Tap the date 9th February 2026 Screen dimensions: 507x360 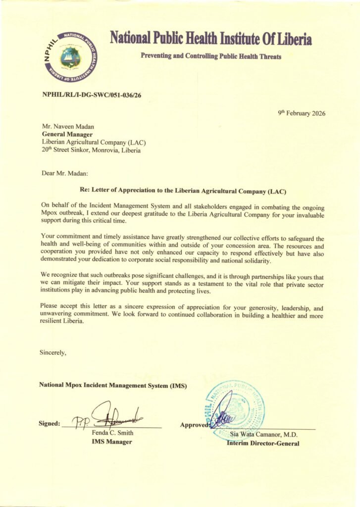302,113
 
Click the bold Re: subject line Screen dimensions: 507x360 183,190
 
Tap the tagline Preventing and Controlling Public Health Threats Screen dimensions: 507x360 211,56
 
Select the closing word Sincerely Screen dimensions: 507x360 52,353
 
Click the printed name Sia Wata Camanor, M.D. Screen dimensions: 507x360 264,435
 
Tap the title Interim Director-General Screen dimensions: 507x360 263,443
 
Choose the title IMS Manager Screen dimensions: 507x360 112,442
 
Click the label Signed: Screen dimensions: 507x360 50,423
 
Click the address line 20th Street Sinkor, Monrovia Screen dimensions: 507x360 91,150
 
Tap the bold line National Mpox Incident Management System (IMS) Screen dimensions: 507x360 113,385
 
